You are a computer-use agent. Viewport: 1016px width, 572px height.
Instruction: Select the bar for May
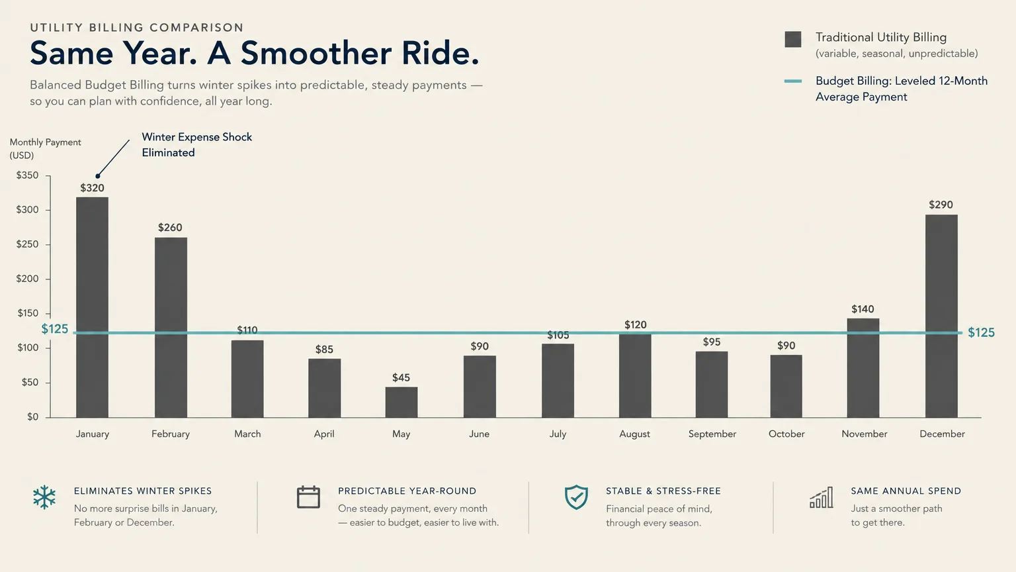(402, 403)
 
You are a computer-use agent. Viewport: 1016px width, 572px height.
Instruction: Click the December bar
(941, 316)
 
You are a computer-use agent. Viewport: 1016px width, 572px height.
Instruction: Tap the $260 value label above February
(170, 228)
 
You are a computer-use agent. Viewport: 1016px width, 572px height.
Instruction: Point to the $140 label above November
(863, 309)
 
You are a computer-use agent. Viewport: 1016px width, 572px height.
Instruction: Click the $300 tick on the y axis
(27, 210)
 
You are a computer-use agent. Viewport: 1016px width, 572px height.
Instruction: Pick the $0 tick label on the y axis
(32, 416)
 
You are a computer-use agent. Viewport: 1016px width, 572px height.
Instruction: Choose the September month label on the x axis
(712, 434)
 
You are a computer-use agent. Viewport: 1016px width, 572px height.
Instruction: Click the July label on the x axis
(558, 434)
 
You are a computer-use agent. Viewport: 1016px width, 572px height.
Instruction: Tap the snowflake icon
(44, 497)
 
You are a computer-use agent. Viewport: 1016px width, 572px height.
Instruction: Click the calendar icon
(308, 497)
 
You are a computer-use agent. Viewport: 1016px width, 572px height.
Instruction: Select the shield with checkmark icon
(576, 497)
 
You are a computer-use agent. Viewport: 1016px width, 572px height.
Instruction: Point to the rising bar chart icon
(822, 498)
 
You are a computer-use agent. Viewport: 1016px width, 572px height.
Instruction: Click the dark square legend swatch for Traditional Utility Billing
(793, 40)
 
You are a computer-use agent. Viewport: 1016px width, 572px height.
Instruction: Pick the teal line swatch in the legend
(793, 81)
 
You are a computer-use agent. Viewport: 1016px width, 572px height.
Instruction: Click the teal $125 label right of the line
(981, 332)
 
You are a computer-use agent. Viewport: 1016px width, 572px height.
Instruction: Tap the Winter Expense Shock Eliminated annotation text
(197, 145)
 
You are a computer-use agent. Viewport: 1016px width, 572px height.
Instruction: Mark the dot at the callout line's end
(97, 176)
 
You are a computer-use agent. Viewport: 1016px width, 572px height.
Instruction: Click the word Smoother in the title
(316, 53)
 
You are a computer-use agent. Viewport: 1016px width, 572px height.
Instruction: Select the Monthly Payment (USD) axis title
(46, 149)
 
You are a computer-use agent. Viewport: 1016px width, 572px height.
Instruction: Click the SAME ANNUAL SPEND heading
(906, 491)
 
